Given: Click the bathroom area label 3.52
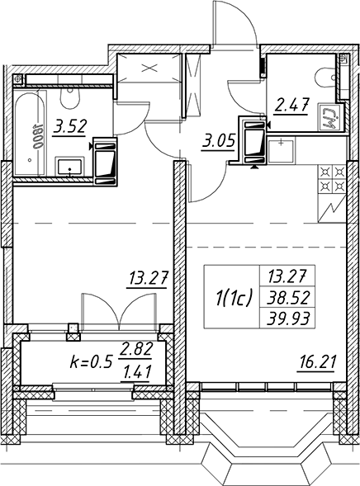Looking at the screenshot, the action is coord(69,127).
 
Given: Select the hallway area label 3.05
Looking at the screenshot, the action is coord(217,142).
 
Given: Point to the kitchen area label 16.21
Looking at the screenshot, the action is coord(316,362).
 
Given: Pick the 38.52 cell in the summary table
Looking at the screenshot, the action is coord(288,299).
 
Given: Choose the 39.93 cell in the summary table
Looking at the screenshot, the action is coord(288,318).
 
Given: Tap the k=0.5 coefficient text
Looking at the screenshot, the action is coord(90,362).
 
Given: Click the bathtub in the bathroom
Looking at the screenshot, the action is coord(30,133).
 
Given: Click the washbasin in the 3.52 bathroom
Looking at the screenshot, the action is coord(69,166).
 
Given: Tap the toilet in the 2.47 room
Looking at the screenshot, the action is coord(325,77).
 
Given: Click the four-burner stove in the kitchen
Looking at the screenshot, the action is coord(332,179).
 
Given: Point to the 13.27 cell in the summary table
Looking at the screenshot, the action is coord(288,276).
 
